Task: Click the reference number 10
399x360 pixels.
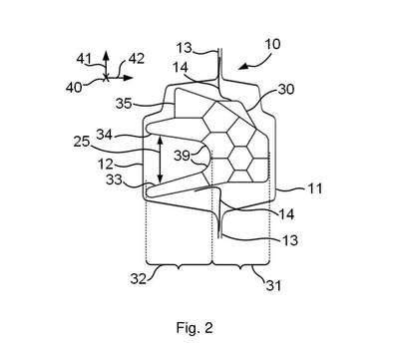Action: (272, 44)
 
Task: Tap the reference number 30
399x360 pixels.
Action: (286, 89)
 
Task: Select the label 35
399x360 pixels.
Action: (124, 104)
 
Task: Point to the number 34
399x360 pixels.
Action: (105, 135)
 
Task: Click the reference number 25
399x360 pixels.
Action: (82, 142)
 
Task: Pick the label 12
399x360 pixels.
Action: (106, 165)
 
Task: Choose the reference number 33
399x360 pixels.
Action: (114, 180)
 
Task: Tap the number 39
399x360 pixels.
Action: (183, 156)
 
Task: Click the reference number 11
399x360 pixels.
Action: (314, 188)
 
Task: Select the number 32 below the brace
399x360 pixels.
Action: (139, 279)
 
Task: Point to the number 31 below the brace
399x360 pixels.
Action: (273, 285)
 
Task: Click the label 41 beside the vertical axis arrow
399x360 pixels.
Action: (84, 59)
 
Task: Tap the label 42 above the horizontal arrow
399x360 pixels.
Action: (137, 59)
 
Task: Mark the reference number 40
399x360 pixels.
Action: (74, 88)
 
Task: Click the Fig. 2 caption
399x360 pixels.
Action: (195, 328)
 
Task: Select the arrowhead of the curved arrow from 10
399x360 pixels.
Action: (243, 67)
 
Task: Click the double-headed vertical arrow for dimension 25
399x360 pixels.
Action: (161, 160)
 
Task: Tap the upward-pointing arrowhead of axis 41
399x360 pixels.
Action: (106, 55)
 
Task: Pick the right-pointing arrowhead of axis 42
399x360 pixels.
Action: (129, 78)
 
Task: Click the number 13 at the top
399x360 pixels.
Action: (185, 48)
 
